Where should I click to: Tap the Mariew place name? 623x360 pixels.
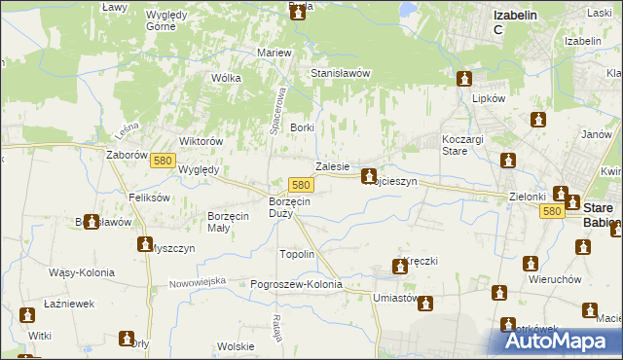[x=275, y=52]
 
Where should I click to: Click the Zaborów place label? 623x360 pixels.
[x=127, y=154]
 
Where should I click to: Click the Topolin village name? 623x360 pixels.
[x=297, y=254]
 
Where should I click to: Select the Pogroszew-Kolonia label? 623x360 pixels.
[x=297, y=284]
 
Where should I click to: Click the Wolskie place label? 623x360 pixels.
[x=236, y=346]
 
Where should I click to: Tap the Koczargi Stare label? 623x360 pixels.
[x=461, y=145]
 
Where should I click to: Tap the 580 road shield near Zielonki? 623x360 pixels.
[x=553, y=210]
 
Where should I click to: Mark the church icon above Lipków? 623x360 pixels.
[x=465, y=78]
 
